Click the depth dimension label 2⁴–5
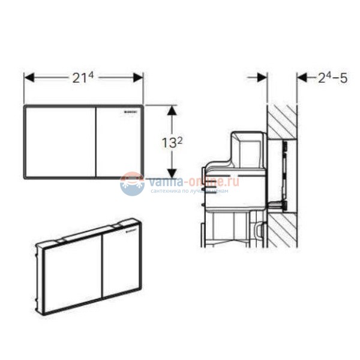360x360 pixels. [x=332, y=77]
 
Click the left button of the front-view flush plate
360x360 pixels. [x=60, y=142]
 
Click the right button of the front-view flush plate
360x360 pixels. [x=119, y=143]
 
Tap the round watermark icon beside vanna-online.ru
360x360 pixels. [x=132, y=184]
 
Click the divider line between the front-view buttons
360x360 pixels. [x=96, y=142]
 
